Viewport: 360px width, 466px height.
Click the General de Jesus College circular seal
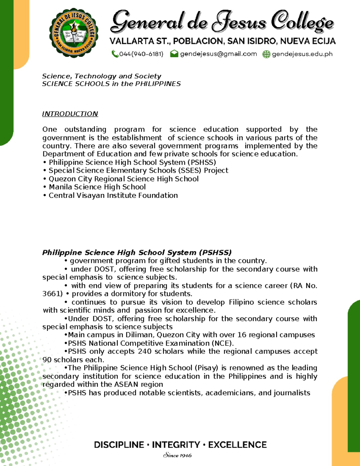(73, 33)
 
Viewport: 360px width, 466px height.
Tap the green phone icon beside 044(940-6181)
(115, 54)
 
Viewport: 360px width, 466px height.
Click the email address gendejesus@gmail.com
(218, 54)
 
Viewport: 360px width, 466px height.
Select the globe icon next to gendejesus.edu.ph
(266, 54)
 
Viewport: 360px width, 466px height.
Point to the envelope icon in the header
(174, 54)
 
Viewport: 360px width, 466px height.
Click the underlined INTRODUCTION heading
(70, 114)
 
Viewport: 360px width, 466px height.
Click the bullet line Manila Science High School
(97, 187)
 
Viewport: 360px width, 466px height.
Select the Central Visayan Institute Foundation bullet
(113, 195)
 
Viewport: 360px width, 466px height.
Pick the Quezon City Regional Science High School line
(123, 179)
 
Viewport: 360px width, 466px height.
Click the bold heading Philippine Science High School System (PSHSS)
(137, 252)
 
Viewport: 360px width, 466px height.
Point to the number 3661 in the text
(52, 293)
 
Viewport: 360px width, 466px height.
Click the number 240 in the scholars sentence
(145, 351)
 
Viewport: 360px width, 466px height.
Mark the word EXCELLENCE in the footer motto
(237, 445)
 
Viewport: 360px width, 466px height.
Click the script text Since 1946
(177, 455)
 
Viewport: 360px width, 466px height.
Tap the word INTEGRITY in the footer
(176, 445)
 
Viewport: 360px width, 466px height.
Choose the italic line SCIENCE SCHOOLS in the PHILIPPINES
(111, 84)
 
